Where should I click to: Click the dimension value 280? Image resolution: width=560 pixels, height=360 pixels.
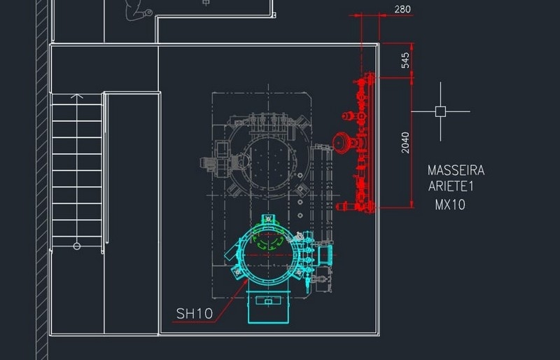(402, 9)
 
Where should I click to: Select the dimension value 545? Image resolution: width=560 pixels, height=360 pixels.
(405, 60)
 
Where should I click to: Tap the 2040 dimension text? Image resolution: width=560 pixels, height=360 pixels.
(405, 143)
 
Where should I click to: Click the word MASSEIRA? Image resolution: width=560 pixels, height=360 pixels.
(456, 170)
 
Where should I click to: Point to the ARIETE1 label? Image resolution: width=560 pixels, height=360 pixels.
(451, 186)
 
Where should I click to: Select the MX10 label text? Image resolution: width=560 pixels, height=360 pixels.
(450, 205)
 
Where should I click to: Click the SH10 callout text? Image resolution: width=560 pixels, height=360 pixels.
(195, 314)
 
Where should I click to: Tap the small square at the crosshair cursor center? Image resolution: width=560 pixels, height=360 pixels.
(440, 111)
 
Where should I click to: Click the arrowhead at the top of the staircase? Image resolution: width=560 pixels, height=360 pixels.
(77, 96)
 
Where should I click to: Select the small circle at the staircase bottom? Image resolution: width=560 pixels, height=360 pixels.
(77, 246)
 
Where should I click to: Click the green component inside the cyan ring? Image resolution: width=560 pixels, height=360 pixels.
(268, 240)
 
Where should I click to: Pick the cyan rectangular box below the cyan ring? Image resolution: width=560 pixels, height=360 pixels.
(268, 307)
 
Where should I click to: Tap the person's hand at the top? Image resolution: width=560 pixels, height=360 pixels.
(148, 13)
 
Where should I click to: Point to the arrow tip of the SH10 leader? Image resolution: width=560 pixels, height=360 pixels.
(248, 279)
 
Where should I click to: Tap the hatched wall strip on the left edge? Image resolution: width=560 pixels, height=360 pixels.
(42, 180)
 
